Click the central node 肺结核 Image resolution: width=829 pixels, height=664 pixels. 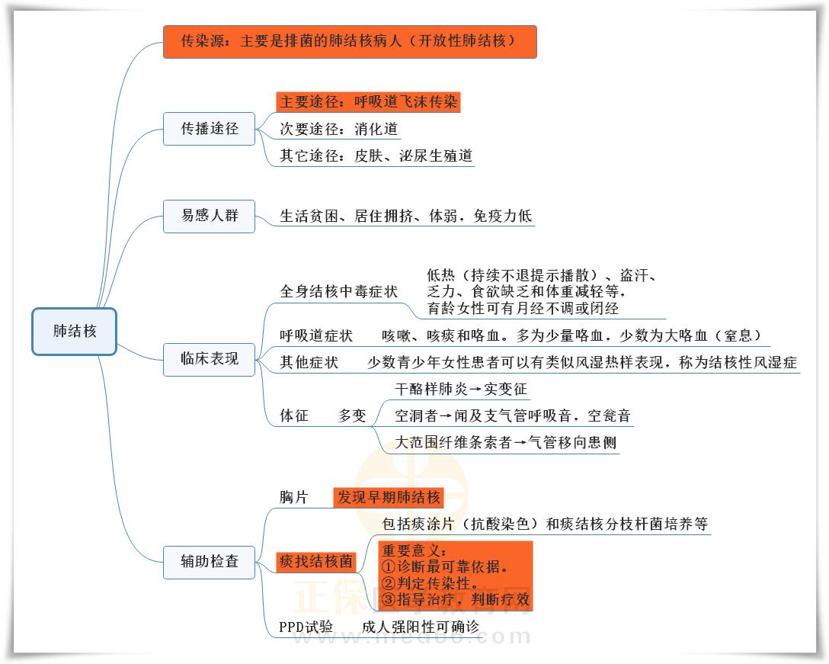[74, 332]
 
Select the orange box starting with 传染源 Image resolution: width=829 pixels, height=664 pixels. [349, 41]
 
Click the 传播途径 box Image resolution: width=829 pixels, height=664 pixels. [209, 129]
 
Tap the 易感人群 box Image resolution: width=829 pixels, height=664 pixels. [209, 216]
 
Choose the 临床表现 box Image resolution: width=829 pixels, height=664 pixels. [209, 358]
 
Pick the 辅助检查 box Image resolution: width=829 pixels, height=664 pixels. [209, 562]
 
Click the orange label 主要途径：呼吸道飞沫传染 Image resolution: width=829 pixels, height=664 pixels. [369, 102]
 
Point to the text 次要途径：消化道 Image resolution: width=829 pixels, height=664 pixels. [338, 130]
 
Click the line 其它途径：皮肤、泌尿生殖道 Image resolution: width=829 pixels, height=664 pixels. [376, 156]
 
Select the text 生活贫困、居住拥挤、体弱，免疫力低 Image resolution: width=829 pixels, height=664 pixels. [405, 217]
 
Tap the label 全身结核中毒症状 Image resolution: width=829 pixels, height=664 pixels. [339, 292]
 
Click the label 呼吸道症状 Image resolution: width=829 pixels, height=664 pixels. [316, 336]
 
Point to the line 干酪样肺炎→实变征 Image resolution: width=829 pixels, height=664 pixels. [461, 389]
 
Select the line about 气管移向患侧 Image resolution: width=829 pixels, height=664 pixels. [506, 442]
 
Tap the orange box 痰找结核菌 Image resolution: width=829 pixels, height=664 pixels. [315, 562]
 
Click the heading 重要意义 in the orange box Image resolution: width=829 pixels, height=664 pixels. [414, 550]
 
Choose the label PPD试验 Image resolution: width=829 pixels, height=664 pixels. [306, 627]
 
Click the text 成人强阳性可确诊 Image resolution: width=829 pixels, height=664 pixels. [421, 627]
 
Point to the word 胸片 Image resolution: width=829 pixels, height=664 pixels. [293, 498]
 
